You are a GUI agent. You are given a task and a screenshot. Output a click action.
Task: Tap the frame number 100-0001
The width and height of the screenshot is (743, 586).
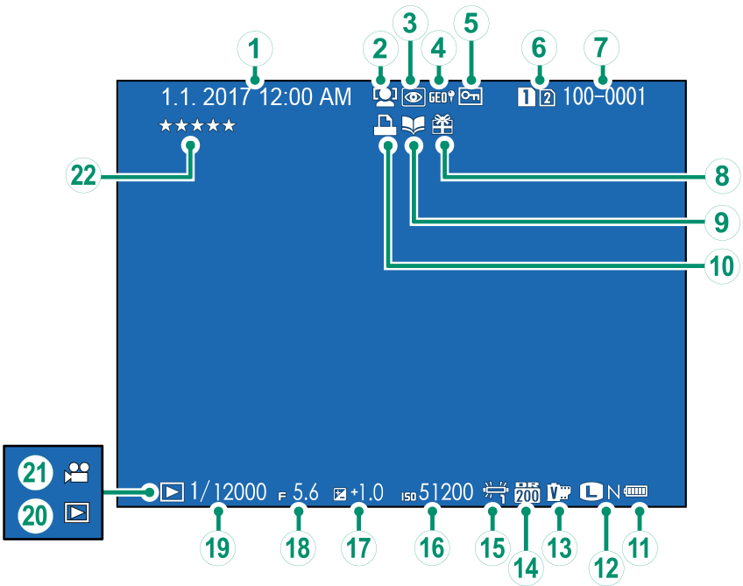(x=604, y=96)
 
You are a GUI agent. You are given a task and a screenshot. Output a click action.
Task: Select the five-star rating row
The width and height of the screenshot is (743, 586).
(x=197, y=126)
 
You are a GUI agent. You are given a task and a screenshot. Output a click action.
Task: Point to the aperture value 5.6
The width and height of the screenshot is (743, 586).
(x=306, y=492)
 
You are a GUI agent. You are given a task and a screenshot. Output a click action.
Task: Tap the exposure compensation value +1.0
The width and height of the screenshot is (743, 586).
(x=367, y=492)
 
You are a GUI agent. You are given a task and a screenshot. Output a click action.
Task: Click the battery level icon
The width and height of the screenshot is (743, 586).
(x=639, y=492)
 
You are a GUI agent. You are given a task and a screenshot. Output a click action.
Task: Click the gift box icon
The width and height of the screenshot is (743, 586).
(x=443, y=126)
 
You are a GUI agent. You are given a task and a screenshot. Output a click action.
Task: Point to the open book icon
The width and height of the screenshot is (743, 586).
(x=412, y=127)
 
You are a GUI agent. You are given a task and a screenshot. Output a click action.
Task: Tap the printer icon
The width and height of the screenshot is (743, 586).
(x=383, y=127)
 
